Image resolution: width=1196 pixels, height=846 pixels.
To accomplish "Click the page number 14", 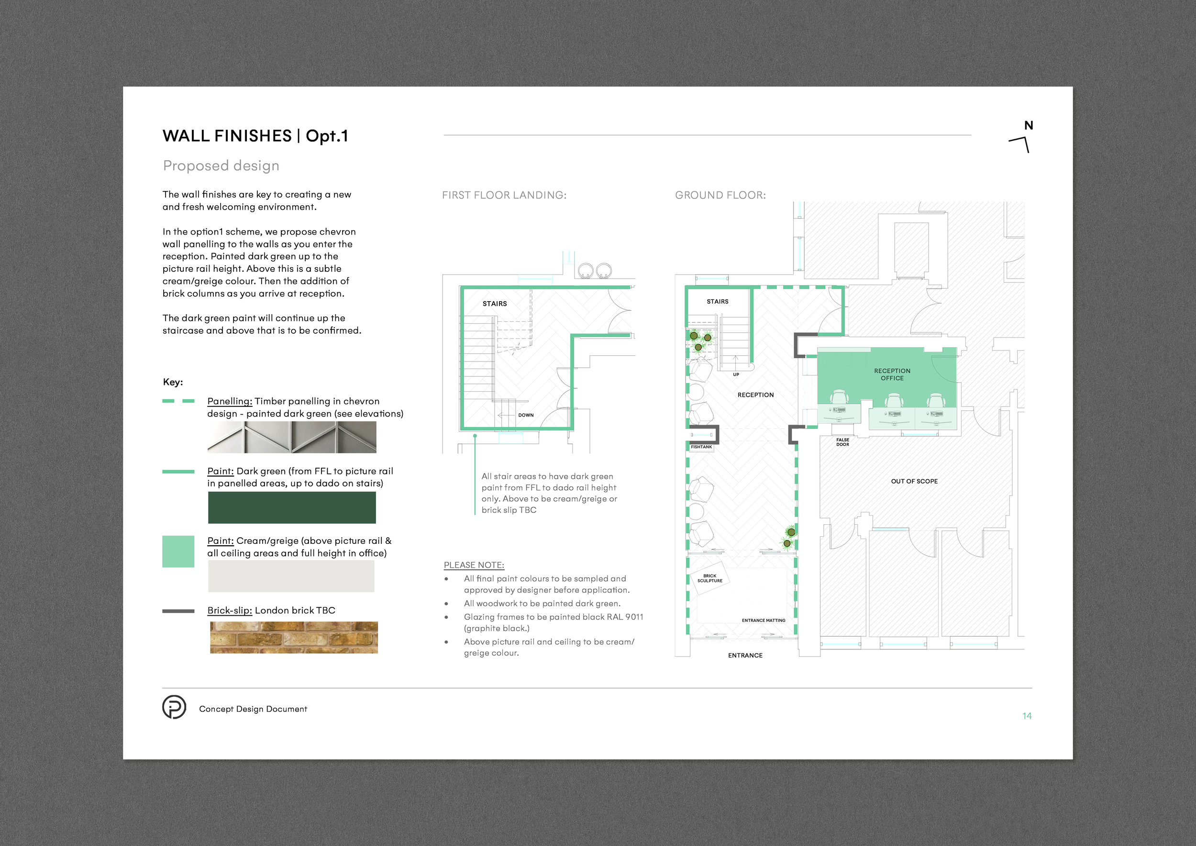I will click(1026, 716).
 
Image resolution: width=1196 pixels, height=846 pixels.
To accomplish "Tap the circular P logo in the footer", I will click(174, 707).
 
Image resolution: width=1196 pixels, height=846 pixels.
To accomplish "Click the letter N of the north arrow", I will click(1028, 125).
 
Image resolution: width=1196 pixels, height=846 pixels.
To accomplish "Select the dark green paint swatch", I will click(292, 508).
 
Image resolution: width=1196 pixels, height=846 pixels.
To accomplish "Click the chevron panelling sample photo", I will click(292, 437).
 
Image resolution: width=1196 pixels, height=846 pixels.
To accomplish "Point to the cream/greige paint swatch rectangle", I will click(291, 576).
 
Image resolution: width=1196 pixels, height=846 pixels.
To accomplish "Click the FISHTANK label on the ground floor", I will click(701, 447).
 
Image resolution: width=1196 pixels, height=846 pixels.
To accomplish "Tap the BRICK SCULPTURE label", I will click(709, 578).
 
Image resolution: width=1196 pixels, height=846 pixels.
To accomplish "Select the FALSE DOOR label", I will click(842, 442).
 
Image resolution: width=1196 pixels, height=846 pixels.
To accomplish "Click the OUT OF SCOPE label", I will click(914, 481).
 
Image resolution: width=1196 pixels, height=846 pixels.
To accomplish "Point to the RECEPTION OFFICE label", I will click(892, 374).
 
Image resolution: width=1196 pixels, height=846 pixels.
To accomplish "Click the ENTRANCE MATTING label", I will click(763, 620).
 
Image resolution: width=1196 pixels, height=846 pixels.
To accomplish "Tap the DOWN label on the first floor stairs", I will click(526, 415).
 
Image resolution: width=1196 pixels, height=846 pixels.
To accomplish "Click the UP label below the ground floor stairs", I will click(735, 374).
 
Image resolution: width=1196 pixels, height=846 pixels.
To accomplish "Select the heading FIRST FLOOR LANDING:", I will click(504, 195).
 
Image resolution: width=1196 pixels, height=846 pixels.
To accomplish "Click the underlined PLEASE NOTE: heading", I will click(474, 565).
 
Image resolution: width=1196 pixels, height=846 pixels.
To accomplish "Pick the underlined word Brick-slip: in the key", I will click(229, 610).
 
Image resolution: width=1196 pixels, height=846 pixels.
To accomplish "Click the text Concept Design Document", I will click(253, 709).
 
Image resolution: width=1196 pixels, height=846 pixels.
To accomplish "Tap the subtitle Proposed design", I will click(221, 165).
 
